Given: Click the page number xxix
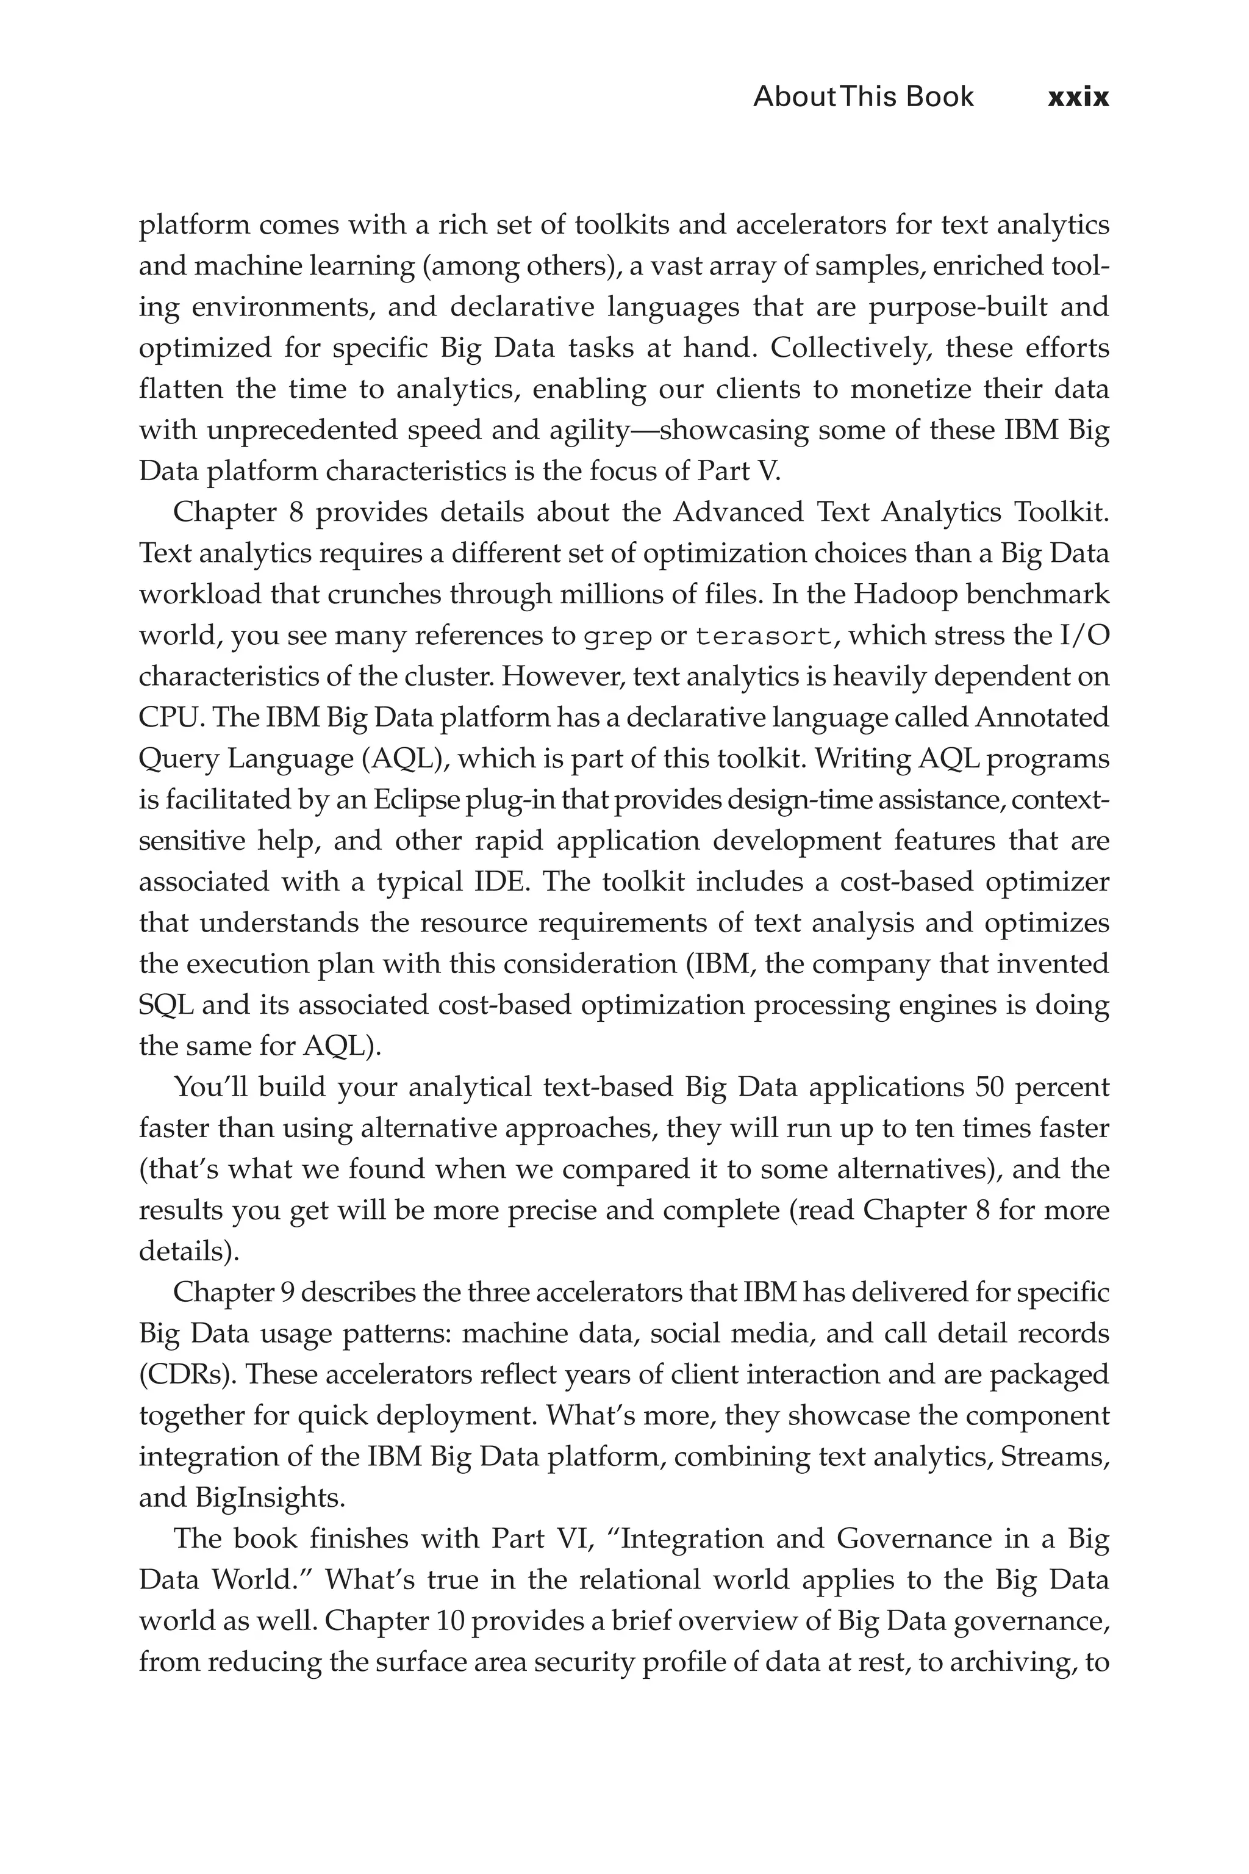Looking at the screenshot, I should tap(1078, 97).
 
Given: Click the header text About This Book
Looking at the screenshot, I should tap(863, 97).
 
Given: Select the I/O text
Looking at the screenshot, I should tap(1084, 636).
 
